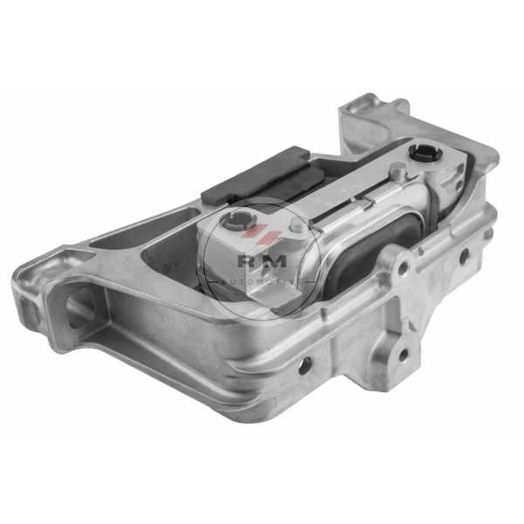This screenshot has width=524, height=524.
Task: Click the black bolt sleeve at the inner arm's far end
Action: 425,153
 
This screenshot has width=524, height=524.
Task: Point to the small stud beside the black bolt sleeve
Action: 397,169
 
